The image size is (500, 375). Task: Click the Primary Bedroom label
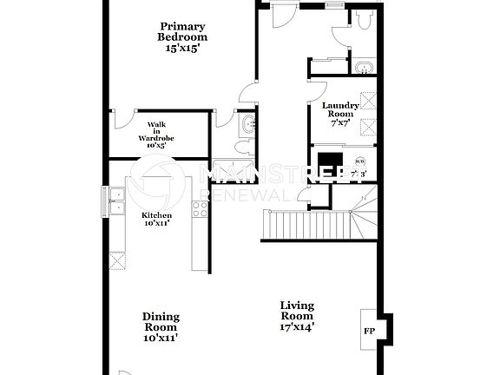(182, 37)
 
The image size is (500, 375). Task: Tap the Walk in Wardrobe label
(156, 135)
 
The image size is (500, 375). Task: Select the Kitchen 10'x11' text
(156, 219)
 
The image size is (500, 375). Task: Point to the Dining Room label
(161, 327)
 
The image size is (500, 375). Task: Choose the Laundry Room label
(339, 115)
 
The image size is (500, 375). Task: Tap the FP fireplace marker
(368, 332)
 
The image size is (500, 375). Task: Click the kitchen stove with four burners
(200, 208)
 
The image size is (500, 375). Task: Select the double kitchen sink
(117, 202)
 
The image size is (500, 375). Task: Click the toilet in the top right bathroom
(362, 18)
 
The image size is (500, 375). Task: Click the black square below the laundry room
(331, 163)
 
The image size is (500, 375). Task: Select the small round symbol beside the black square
(359, 161)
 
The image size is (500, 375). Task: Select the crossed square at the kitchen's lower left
(119, 259)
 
